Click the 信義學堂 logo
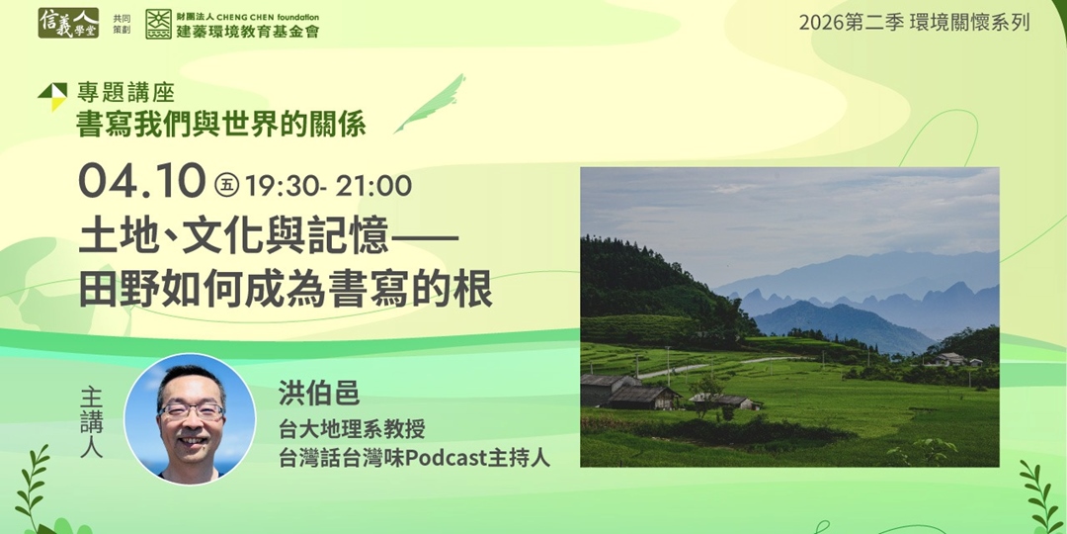pyautogui.click(x=68, y=23)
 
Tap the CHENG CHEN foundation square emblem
pyautogui.click(x=158, y=24)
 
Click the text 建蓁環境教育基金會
pyautogui.click(x=247, y=32)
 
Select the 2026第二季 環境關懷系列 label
pyautogui.click(x=914, y=22)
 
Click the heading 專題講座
pyautogui.click(x=125, y=94)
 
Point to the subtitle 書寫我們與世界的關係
pyautogui.click(x=221, y=125)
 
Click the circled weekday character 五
pyautogui.click(x=226, y=184)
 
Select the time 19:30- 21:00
pyautogui.click(x=329, y=185)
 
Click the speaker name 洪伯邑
pyautogui.click(x=319, y=393)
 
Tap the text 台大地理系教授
pyautogui.click(x=353, y=429)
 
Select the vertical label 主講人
pyautogui.click(x=91, y=422)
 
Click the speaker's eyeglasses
pyautogui.click(x=191, y=409)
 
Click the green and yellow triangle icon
pyautogui.click(x=52, y=96)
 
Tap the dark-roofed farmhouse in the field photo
pyautogui.click(x=642, y=396)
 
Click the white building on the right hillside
pyautogui.click(x=949, y=359)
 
